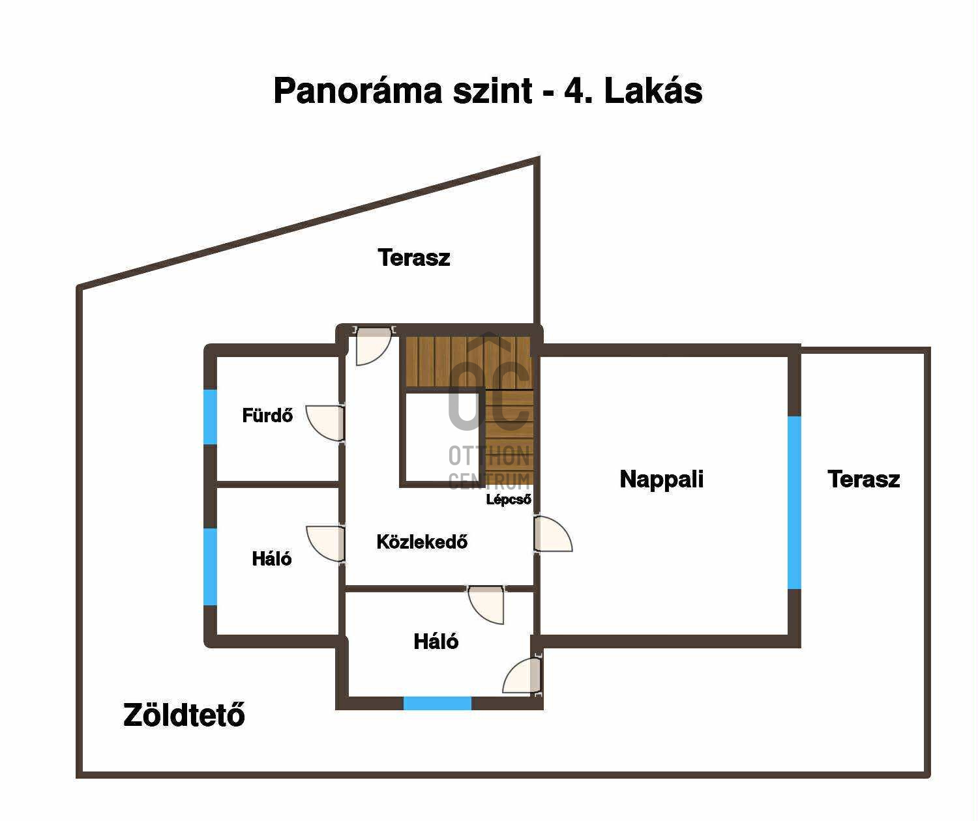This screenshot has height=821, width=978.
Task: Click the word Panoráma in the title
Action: click(359, 91)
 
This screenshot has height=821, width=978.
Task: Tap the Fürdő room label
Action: click(267, 415)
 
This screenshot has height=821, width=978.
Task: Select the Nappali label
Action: click(661, 480)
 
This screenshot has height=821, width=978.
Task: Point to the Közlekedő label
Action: click(422, 541)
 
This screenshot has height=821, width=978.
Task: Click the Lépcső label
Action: click(509, 499)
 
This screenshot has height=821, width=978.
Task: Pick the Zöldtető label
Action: click(184, 715)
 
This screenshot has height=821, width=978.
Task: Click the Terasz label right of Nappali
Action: click(864, 480)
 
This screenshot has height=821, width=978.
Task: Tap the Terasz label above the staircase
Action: click(414, 257)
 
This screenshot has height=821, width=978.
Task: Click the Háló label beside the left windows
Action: click(272, 558)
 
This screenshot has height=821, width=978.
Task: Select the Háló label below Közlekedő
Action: click(436, 641)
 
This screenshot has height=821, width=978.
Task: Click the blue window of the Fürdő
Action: click(211, 416)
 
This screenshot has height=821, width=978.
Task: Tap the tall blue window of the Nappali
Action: click(794, 502)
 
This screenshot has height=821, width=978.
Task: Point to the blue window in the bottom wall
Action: click(437, 704)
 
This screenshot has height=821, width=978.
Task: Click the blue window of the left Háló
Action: click(211, 567)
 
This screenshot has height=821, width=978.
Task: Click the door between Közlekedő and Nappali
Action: click(553, 534)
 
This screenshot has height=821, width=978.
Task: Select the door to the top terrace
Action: click(374, 345)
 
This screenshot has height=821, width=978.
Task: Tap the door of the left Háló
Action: click(326, 544)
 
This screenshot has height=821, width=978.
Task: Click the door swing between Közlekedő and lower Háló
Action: click(486, 604)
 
